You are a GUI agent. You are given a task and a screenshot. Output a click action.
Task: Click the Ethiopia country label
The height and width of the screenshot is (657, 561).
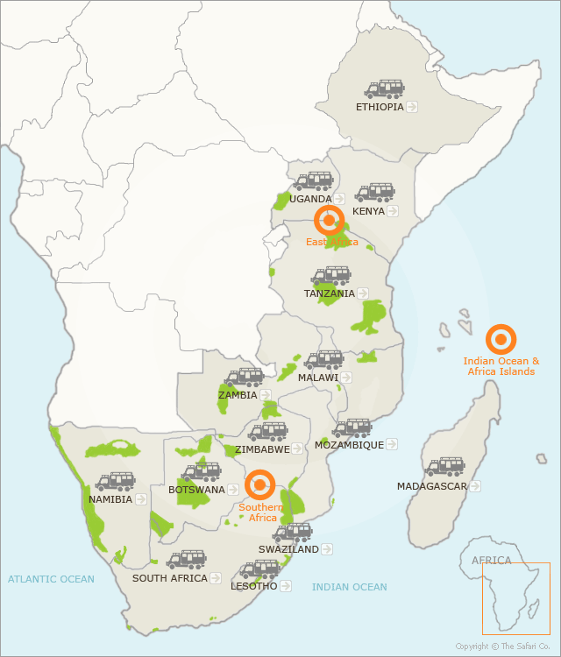[x=380, y=107]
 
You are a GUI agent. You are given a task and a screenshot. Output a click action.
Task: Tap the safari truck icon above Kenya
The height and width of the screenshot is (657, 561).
[x=375, y=193]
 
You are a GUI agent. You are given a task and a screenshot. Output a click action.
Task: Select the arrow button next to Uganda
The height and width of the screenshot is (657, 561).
[x=339, y=199]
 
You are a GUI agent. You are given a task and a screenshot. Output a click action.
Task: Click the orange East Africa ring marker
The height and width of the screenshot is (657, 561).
[x=330, y=221]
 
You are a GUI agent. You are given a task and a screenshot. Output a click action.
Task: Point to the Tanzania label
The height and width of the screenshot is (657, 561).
[x=330, y=293]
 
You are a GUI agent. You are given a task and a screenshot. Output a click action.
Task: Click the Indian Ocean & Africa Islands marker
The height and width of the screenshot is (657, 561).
[x=501, y=339]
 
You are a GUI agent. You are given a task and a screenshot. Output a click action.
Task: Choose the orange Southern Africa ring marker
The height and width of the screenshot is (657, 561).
[x=260, y=484]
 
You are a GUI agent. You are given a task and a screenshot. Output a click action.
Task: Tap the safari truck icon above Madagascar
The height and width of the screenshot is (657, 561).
[x=445, y=467]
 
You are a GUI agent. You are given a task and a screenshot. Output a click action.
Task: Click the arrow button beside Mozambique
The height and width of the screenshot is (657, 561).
[x=393, y=445]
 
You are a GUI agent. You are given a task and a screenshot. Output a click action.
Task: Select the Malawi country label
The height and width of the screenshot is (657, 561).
[x=317, y=378]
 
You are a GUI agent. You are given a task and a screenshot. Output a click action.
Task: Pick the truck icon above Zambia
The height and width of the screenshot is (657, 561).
[x=245, y=378]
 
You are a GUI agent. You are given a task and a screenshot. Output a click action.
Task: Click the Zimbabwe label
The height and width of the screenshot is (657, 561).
[x=262, y=449]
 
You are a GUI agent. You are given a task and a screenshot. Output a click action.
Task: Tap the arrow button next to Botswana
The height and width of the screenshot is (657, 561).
[x=233, y=490]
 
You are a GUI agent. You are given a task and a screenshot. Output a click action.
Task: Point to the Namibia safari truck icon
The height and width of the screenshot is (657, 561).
[x=115, y=482]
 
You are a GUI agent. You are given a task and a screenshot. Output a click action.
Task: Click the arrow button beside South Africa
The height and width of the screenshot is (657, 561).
[x=216, y=578]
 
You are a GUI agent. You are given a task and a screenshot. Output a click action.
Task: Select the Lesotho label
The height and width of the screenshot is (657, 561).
[x=253, y=586]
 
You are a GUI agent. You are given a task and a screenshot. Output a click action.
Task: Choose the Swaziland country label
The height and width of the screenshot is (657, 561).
[x=288, y=549]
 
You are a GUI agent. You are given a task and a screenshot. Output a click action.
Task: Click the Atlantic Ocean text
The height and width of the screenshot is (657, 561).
[x=51, y=579]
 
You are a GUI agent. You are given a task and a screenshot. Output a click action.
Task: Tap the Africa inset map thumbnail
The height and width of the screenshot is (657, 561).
[x=515, y=598]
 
